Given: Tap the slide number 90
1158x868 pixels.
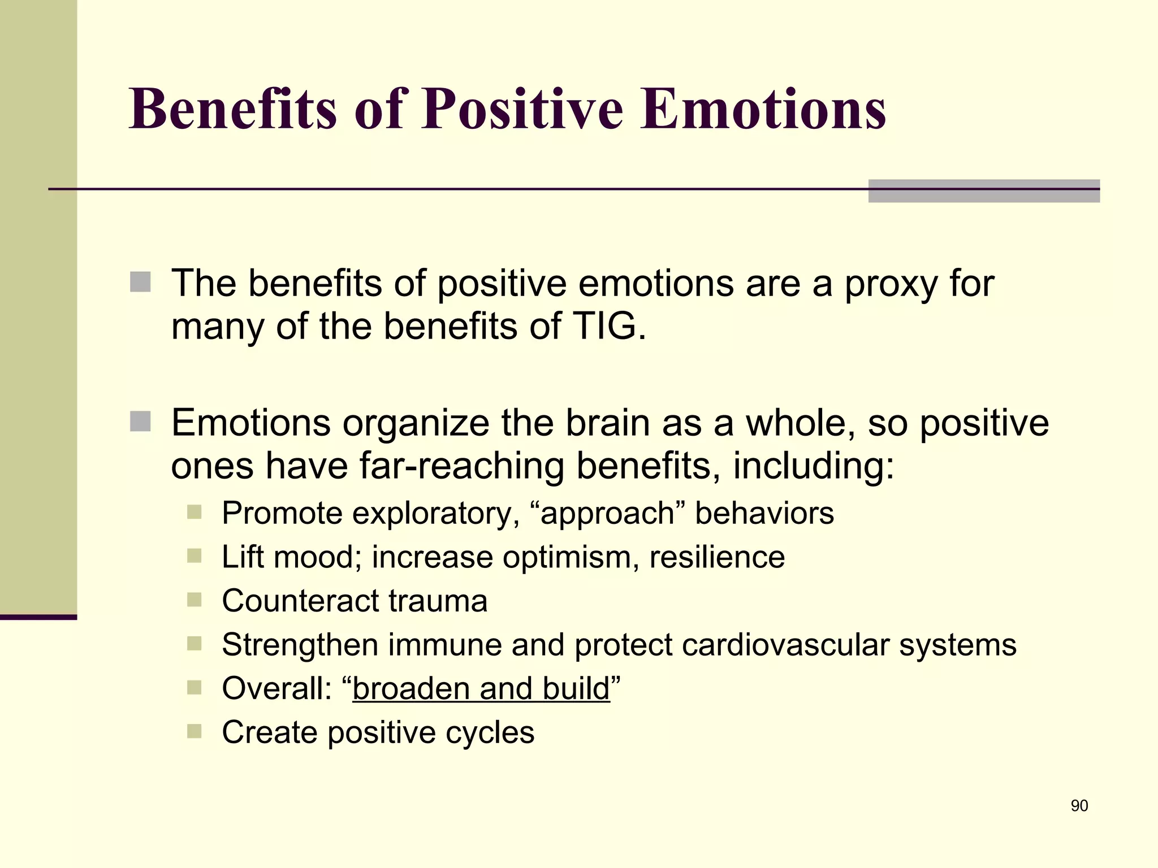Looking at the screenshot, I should point(1079,806).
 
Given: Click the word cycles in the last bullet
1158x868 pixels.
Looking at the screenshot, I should point(490,732).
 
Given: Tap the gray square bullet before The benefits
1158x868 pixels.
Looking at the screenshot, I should point(140,282).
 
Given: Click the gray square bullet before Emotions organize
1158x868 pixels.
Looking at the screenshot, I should point(140,422).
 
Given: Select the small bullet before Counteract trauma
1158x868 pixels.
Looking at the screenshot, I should point(194,600).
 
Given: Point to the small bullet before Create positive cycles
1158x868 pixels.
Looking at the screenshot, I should point(194,731).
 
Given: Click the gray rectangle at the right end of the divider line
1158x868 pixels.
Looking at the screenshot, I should point(983,191).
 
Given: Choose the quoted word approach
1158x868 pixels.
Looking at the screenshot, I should point(608,514).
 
